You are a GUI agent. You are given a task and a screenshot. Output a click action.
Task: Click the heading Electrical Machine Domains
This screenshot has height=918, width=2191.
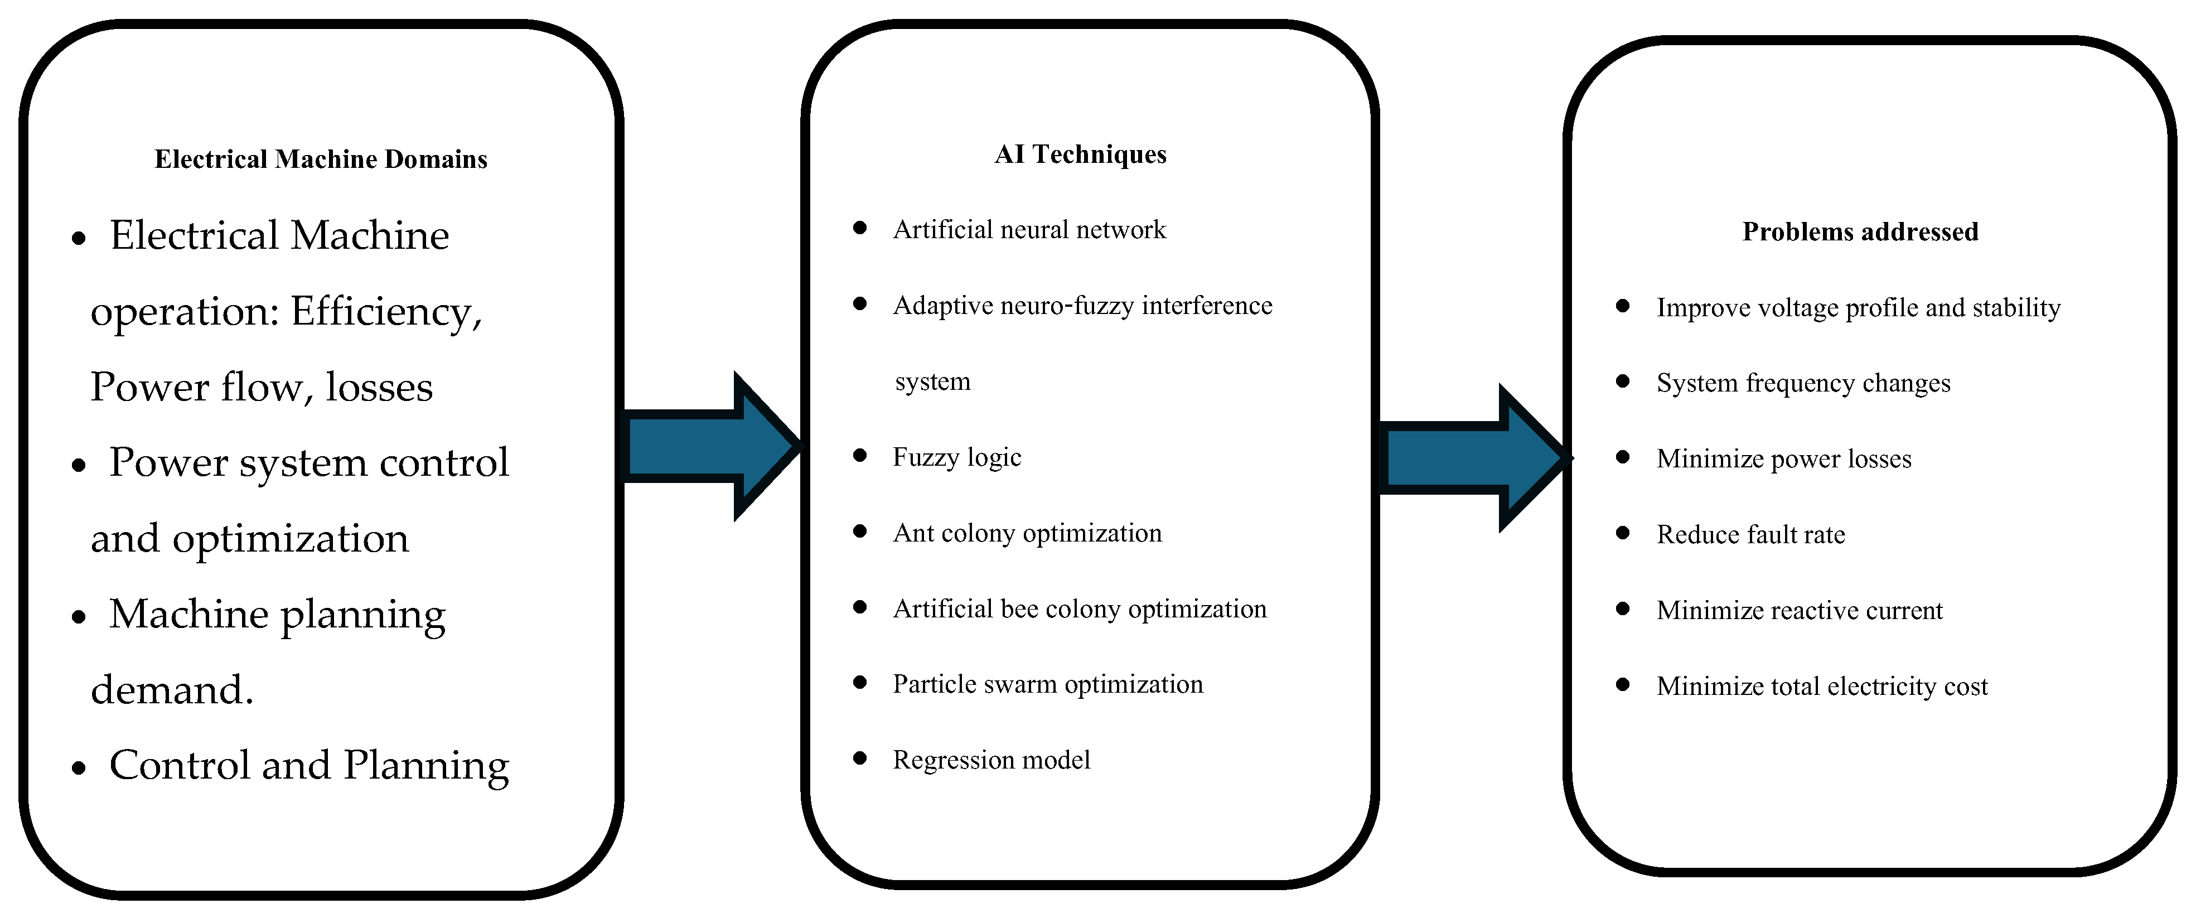tap(321, 159)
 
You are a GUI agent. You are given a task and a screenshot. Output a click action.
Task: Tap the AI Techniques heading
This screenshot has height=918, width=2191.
tap(1080, 154)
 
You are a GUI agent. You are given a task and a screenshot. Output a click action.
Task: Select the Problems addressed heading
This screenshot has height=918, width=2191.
tap(1860, 231)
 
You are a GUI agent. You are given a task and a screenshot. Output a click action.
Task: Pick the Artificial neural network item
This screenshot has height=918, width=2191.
tap(1029, 230)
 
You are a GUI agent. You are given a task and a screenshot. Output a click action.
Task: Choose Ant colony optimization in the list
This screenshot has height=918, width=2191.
tap(1027, 533)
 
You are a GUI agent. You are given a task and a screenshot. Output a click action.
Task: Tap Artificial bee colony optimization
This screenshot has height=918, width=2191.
tap(1080, 609)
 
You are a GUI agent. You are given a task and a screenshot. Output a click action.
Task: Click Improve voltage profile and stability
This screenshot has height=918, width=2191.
tap(1859, 308)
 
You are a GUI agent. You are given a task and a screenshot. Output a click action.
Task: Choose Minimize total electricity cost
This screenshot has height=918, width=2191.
tap(1822, 687)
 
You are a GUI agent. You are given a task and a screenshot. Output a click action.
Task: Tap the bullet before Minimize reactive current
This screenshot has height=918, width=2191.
tap(1623, 608)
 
